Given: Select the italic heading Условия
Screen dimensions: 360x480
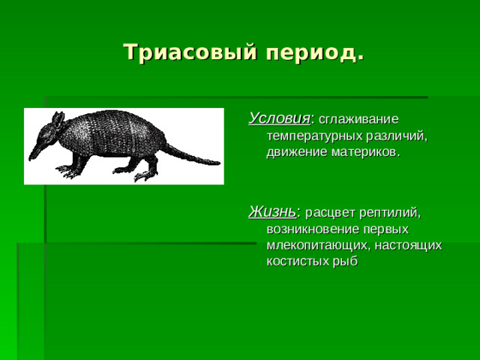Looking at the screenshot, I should [x=279, y=118].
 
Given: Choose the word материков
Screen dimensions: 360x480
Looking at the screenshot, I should [x=364, y=152].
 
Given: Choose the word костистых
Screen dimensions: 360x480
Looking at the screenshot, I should [x=297, y=261].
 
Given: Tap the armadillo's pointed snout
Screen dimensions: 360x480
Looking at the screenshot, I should [x=34, y=154].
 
